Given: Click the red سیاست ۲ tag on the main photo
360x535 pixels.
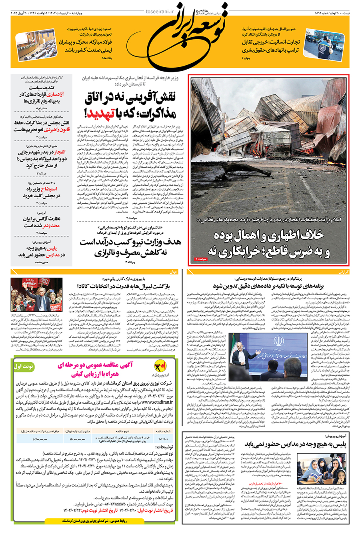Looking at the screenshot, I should (201, 259).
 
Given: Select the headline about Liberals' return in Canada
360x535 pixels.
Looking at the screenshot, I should (124, 287).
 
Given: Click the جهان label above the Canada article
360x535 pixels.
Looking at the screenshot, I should (173, 272).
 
